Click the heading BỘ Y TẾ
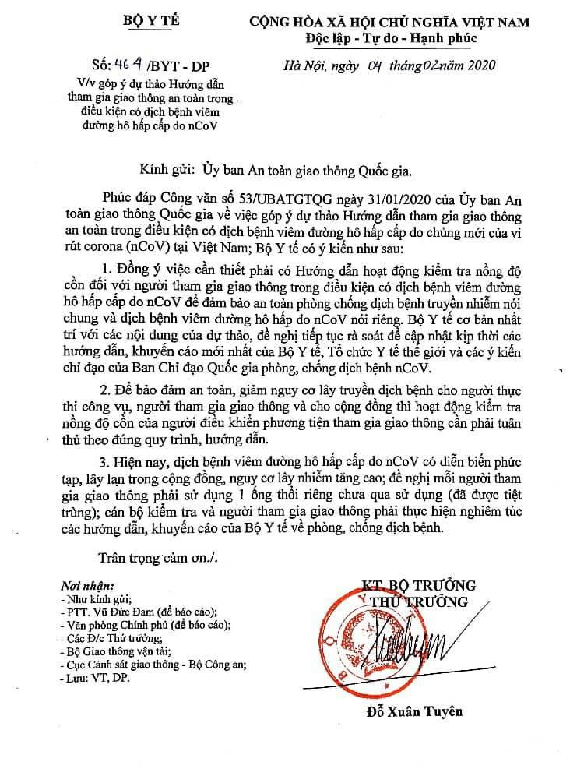click(152, 21)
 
